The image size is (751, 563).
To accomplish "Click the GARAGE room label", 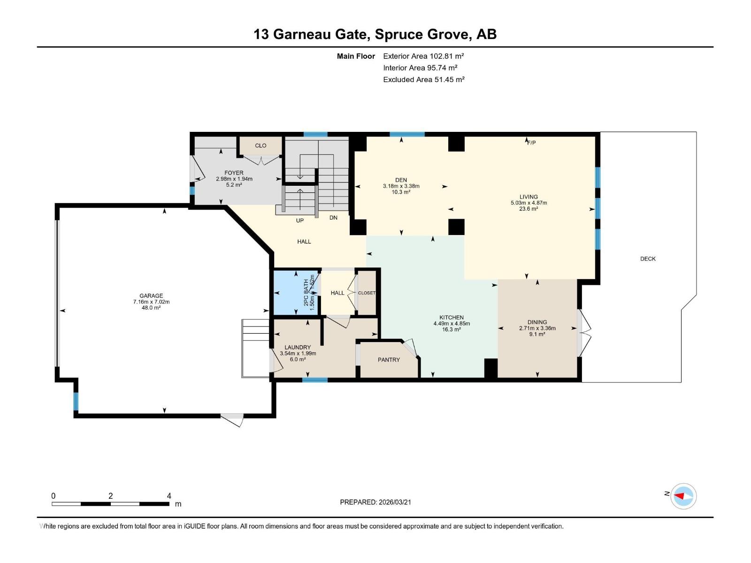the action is pyautogui.click(x=151, y=296).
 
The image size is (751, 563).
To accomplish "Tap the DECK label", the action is pyautogui.click(x=648, y=259).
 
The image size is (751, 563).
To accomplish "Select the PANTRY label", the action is pyautogui.click(x=389, y=359).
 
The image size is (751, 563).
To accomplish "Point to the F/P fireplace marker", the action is pyautogui.click(x=531, y=143).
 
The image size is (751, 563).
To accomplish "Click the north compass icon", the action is pyautogui.click(x=683, y=496).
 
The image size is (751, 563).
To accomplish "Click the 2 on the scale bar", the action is pyautogui.click(x=110, y=495).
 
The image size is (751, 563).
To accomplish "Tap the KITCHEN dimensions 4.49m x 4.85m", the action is pyautogui.click(x=452, y=323).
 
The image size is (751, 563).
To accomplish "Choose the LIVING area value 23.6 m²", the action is pyautogui.click(x=529, y=208).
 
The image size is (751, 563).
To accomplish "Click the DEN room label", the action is pyautogui.click(x=401, y=180).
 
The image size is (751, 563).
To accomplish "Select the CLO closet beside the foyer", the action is pyautogui.click(x=261, y=145).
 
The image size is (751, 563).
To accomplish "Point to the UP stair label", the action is pyautogui.click(x=300, y=221).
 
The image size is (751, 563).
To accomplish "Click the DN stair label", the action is pyautogui.click(x=333, y=217).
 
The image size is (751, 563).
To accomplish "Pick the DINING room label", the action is pyautogui.click(x=537, y=322).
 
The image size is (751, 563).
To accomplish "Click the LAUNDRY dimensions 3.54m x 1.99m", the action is pyautogui.click(x=298, y=353).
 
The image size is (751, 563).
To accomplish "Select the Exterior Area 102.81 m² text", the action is pyautogui.click(x=423, y=56).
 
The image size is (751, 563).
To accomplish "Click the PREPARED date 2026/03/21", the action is pyautogui.click(x=394, y=502).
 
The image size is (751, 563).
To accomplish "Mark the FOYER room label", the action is pyautogui.click(x=234, y=173).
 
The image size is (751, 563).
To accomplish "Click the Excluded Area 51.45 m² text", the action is pyautogui.click(x=424, y=80).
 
